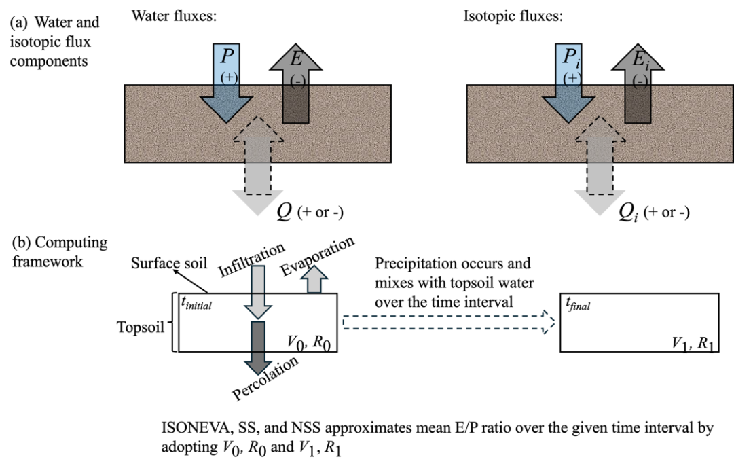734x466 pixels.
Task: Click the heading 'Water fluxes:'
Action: (x=174, y=16)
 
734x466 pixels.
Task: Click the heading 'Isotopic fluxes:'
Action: (x=513, y=16)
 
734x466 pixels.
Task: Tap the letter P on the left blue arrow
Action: (x=227, y=56)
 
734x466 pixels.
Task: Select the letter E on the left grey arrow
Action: (x=296, y=58)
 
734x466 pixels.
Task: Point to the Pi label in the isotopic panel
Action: (x=571, y=58)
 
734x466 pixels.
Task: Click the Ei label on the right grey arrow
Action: (x=640, y=60)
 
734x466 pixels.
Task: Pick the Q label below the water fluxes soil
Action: (x=284, y=211)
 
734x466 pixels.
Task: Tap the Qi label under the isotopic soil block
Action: (x=628, y=213)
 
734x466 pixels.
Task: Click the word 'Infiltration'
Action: (x=252, y=259)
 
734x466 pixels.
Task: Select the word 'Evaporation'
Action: (x=317, y=256)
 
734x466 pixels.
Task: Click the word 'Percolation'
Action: (x=265, y=378)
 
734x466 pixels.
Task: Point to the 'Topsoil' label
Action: (x=141, y=327)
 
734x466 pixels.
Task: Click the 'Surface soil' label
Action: (x=169, y=263)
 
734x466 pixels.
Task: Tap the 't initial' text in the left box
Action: (x=196, y=304)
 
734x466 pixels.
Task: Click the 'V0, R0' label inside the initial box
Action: (x=308, y=343)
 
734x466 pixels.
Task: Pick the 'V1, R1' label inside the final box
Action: (x=693, y=344)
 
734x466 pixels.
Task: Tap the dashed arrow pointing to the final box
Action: (x=449, y=322)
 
